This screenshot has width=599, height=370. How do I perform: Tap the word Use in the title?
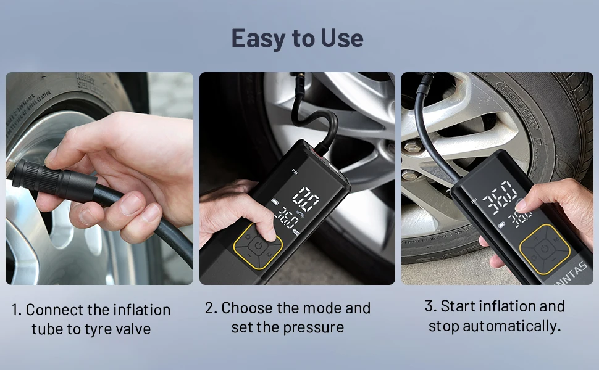pos(342,38)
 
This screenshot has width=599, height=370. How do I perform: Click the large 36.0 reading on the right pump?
pos(500,196)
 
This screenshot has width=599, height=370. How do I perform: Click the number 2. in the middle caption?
pos(212,308)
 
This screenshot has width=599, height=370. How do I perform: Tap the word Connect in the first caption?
pos(52,309)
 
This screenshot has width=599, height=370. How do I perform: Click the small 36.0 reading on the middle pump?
pos(287,218)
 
